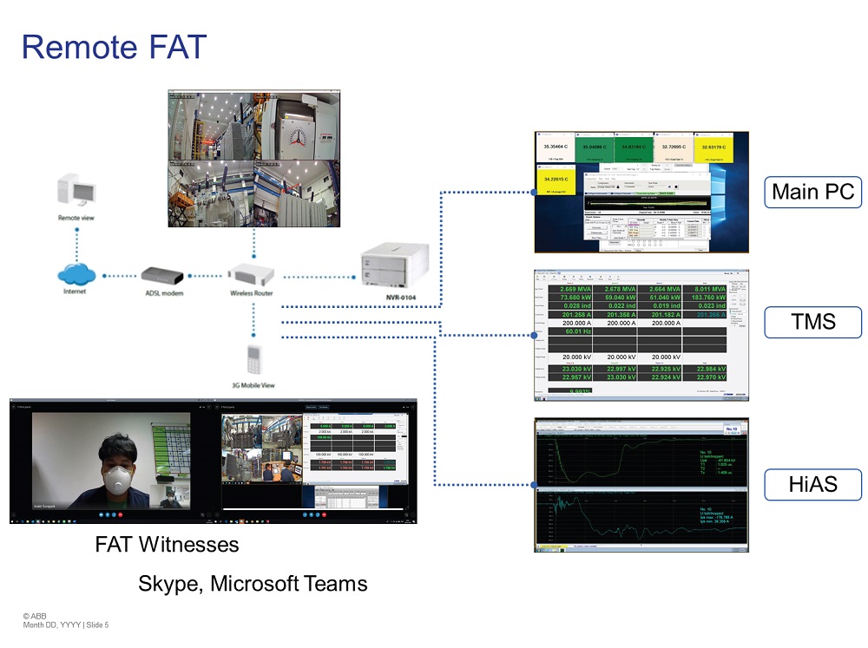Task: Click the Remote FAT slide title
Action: pyautogui.click(x=113, y=46)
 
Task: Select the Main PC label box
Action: pyautogui.click(x=813, y=192)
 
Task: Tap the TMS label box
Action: pyautogui.click(x=813, y=323)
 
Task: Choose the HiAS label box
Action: pyautogui.click(x=813, y=484)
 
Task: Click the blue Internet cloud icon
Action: pyautogui.click(x=77, y=276)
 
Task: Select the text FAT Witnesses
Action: pyautogui.click(x=167, y=545)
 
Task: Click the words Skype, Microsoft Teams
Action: pyautogui.click(x=253, y=584)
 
